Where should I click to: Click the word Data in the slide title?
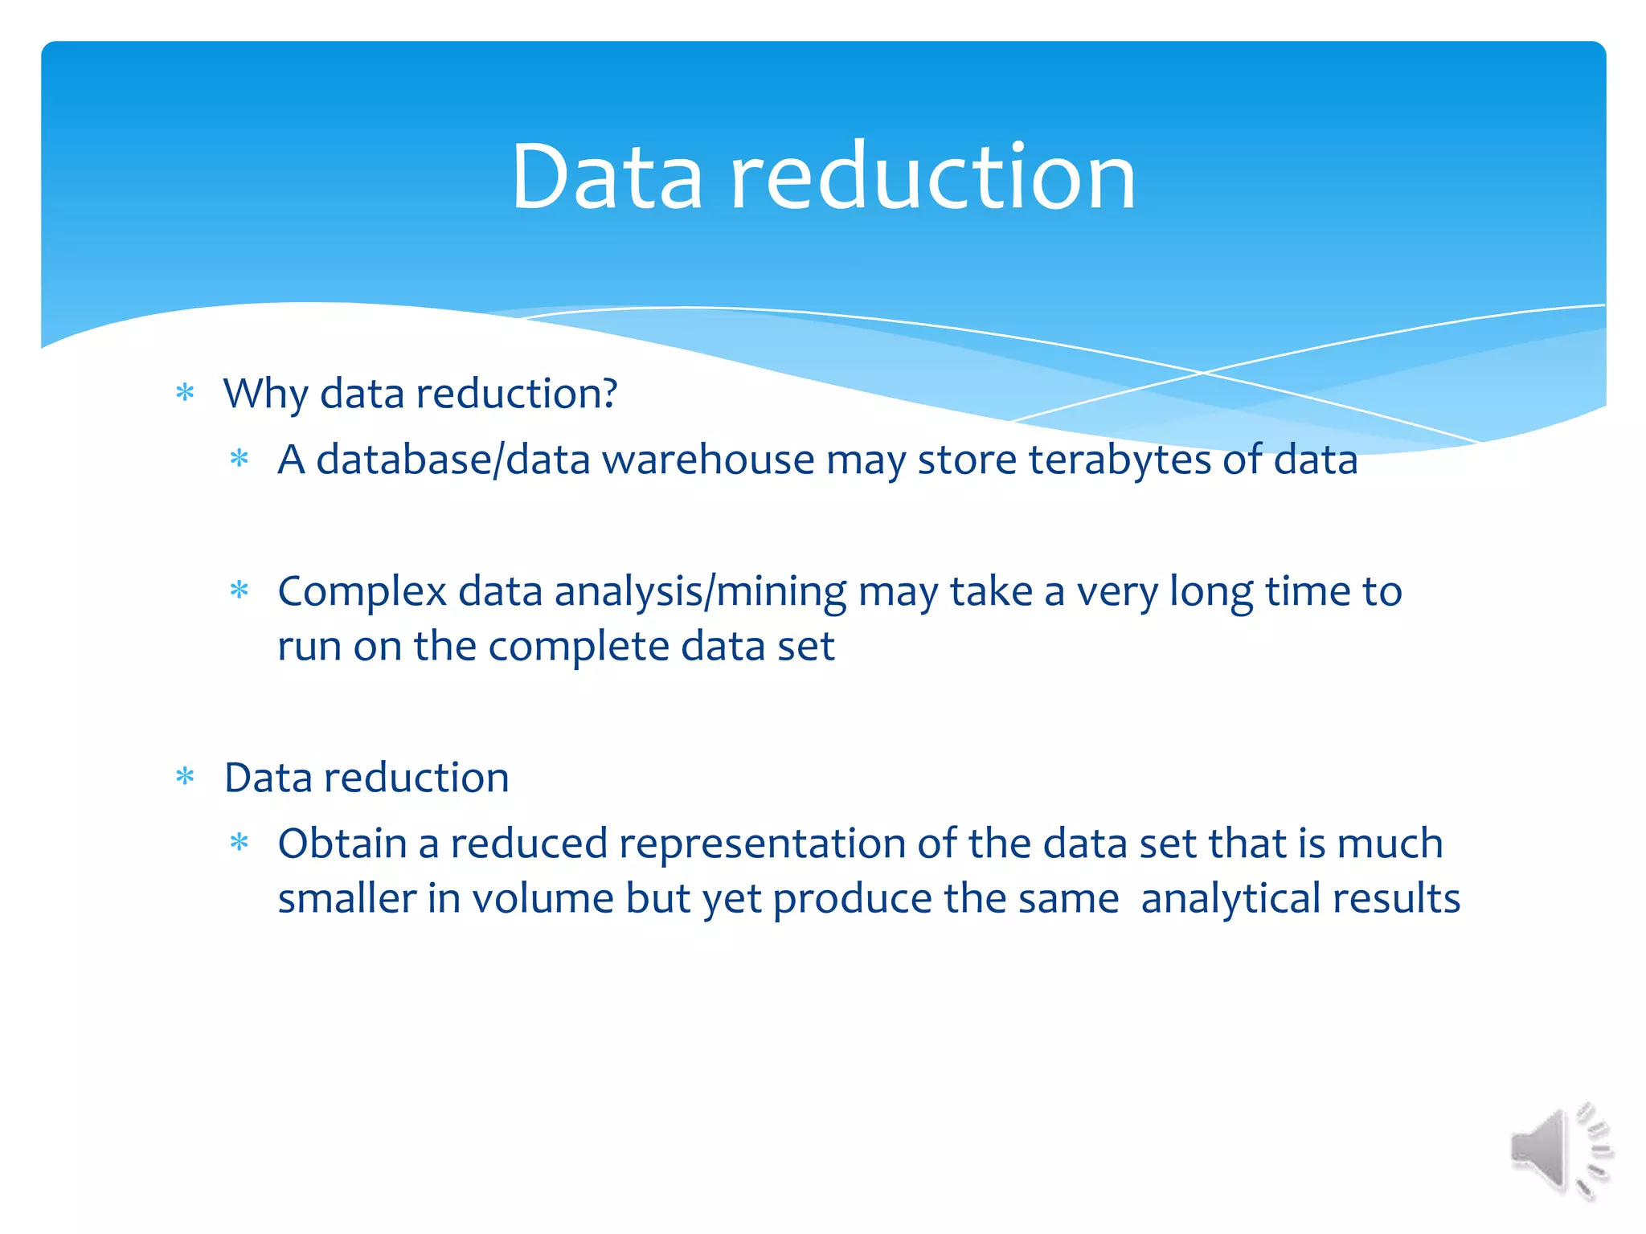pos(607,177)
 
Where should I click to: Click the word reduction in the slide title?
pos(932,177)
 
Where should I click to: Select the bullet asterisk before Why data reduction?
pos(186,394)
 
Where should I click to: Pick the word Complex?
pos(362,592)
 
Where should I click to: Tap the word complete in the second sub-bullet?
pos(578,647)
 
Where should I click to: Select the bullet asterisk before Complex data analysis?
pos(240,591)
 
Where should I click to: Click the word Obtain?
pos(342,844)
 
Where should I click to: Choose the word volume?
pos(543,899)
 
